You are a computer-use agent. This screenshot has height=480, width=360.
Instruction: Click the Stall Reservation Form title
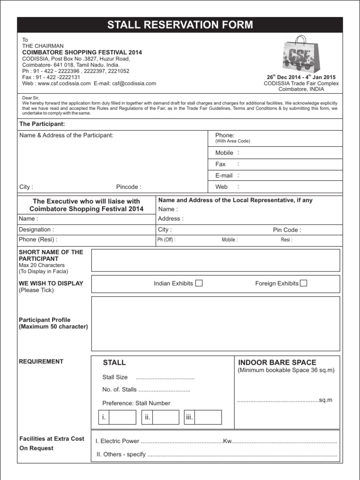pyautogui.click(x=180, y=25)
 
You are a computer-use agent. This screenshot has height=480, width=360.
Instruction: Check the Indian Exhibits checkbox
pyautogui.click(x=199, y=283)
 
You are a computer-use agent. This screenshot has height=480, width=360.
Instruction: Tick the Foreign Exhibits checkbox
pyautogui.click(x=303, y=283)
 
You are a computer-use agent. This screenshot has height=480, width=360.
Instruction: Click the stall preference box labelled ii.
pyautogui.click(x=160, y=417)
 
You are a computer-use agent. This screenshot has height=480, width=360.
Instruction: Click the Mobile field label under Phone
pyautogui.click(x=224, y=153)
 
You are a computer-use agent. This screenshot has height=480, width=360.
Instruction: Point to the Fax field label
pyautogui.click(x=220, y=164)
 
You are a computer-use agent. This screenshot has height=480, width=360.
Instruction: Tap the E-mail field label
pyautogui.click(x=224, y=175)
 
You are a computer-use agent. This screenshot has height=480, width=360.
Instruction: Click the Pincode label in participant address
pyautogui.click(x=128, y=187)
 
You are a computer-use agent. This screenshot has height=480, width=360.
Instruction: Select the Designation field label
pyautogui.click(x=36, y=230)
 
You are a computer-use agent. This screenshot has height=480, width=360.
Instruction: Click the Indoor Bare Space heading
pyautogui.click(x=277, y=362)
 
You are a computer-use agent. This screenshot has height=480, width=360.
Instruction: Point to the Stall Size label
pyautogui.click(x=115, y=377)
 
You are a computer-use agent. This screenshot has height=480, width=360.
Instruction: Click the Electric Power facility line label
pyautogui.click(x=117, y=441)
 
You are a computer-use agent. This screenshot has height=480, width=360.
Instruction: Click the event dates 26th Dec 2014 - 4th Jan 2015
pyautogui.click(x=301, y=77)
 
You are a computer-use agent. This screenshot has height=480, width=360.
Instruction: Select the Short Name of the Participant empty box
pyautogui.click(x=216, y=261)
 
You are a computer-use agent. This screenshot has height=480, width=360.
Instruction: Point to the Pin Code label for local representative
pyautogui.click(x=287, y=230)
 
